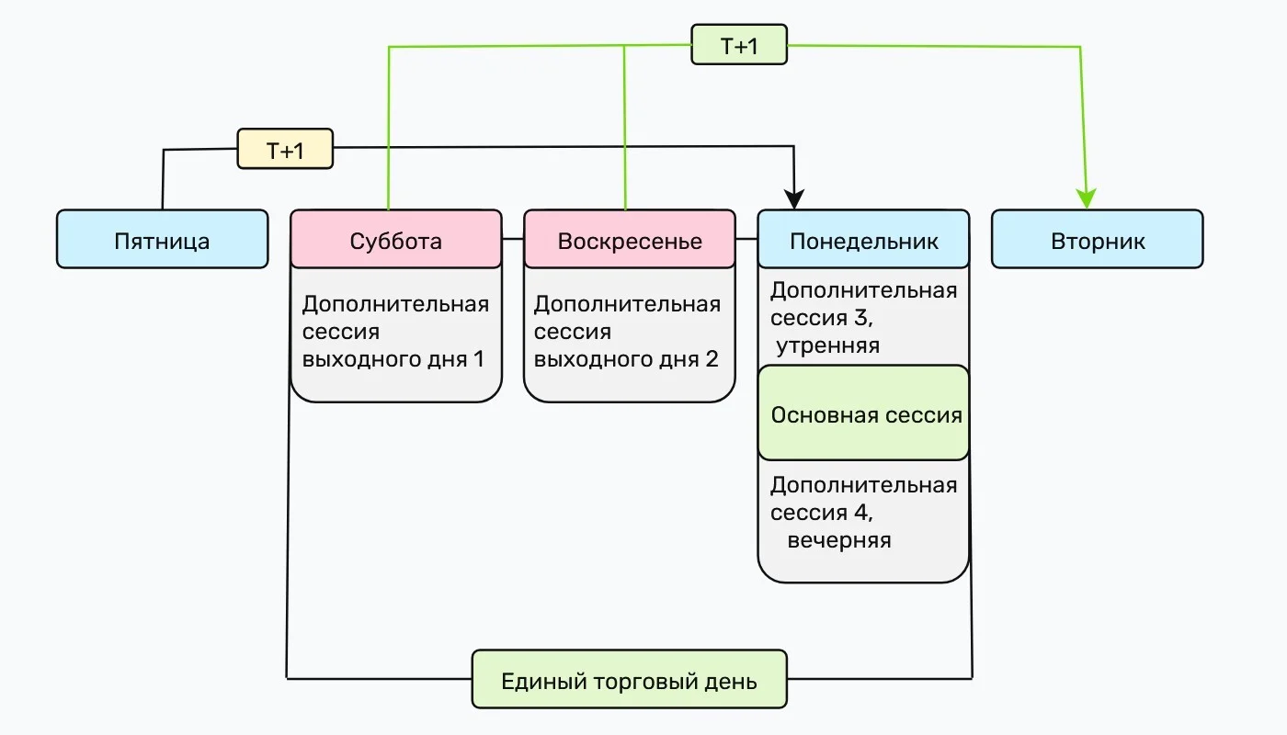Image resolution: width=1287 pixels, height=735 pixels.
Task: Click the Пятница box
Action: tap(162, 239)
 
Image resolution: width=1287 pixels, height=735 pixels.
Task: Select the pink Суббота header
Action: tap(396, 239)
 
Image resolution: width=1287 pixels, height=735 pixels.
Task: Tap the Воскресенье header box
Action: tap(630, 239)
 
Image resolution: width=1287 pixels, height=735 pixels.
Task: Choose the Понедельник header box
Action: tap(863, 239)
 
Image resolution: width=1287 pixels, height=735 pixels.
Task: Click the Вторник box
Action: tap(1098, 239)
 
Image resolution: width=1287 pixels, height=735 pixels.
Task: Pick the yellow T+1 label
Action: tap(285, 149)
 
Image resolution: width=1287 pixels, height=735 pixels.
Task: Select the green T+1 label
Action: tap(739, 45)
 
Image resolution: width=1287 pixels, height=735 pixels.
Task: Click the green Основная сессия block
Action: tap(863, 413)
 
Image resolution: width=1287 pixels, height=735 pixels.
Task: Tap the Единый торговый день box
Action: tap(629, 679)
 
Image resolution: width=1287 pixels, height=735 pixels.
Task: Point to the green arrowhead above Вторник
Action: tap(1086, 198)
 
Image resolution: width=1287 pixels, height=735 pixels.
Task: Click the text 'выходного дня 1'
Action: tap(393, 359)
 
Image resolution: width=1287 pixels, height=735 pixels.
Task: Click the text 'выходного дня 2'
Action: tap(626, 359)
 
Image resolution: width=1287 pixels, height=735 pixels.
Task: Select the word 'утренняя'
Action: tap(828, 346)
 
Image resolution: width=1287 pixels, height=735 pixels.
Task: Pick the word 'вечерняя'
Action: tap(839, 541)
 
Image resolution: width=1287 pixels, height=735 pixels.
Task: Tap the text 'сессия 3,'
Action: tap(822, 318)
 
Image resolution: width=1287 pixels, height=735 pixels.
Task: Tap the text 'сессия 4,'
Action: tap(822, 513)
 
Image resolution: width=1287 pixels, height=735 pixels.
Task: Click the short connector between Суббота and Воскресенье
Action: tap(513, 239)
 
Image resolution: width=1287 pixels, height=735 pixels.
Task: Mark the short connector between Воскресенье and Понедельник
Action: tap(746, 239)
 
